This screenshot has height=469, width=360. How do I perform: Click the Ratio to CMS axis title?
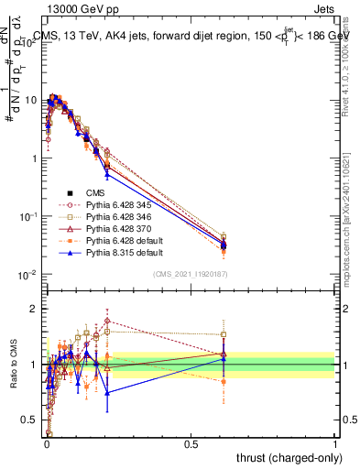click(14, 364)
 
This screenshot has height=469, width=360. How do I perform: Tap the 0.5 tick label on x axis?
click(191, 442)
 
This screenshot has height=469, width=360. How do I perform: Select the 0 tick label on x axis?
click(47, 442)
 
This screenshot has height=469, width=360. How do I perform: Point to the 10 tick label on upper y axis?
click(32, 99)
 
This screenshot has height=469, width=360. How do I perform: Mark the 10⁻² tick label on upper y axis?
click(29, 275)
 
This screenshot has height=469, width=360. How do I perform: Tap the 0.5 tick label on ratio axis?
click(32, 420)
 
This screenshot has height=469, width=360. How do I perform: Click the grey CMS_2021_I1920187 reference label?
click(191, 274)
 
